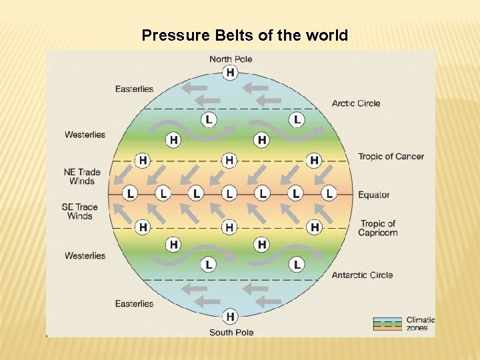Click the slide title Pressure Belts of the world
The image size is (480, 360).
(245, 35)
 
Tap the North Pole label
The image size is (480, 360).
(231, 59)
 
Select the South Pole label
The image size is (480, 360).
(231, 332)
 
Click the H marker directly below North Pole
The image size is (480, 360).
(231, 73)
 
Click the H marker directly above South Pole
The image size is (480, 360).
(231, 317)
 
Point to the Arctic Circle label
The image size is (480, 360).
(356, 103)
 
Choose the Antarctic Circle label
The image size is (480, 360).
(362, 275)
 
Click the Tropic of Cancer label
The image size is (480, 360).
(391, 157)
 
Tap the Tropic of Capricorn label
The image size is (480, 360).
(377, 228)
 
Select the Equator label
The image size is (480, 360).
(373, 195)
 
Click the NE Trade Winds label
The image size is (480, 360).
(82, 177)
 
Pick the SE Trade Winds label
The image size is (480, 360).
(80, 211)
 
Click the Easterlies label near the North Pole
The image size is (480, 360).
(134, 89)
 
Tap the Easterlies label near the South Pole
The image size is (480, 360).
(134, 304)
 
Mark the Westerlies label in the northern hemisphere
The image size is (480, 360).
(85, 135)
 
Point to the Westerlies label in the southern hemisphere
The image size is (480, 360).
(85, 256)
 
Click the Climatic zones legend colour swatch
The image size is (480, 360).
(387, 324)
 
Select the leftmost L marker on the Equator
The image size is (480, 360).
(131, 193)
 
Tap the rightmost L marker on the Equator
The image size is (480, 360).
(328, 193)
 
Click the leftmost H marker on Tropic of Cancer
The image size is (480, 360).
(142, 161)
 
